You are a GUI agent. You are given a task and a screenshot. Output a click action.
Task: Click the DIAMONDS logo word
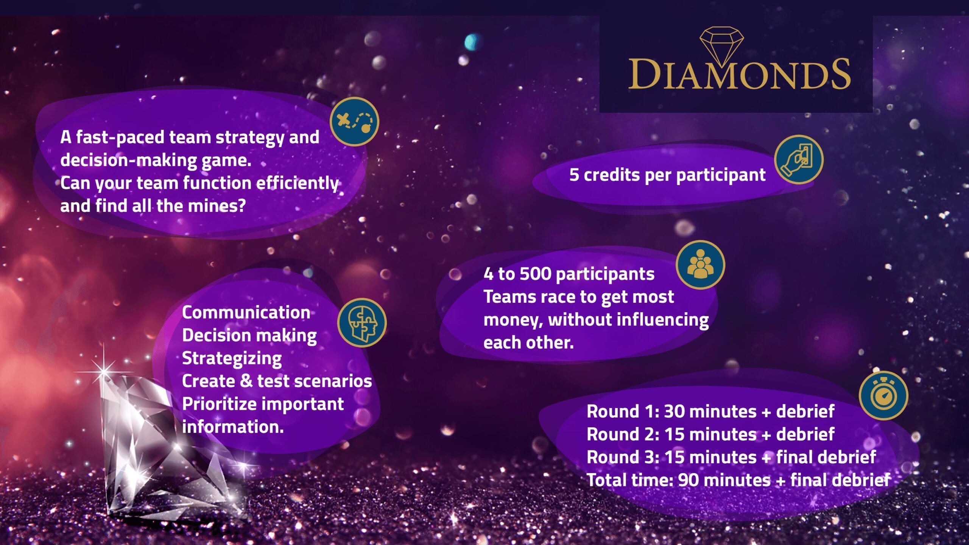pyautogui.click(x=739, y=74)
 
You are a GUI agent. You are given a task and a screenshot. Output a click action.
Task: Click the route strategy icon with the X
pyautogui.click(x=354, y=121)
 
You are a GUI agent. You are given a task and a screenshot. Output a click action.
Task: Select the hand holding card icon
pyautogui.click(x=798, y=160)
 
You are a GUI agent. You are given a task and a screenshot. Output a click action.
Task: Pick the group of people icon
pyautogui.click(x=700, y=265)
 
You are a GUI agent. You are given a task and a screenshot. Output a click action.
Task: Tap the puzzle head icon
pyautogui.click(x=362, y=323)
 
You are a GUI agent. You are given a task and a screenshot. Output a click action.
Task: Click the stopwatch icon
pyautogui.click(x=883, y=396)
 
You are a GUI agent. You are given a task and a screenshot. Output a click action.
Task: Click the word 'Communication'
pyautogui.click(x=246, y=313)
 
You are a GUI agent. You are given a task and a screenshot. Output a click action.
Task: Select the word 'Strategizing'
pyautogui.click(x=232, y=358)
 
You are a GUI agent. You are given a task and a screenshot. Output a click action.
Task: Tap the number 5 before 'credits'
pyautogui.click(x=574, y=175)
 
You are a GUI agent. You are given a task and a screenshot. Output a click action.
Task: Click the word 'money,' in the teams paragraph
pyautogui.click(x=513, y=320)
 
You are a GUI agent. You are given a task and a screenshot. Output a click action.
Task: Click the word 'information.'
pyautogui.click(x=233, y=427)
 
